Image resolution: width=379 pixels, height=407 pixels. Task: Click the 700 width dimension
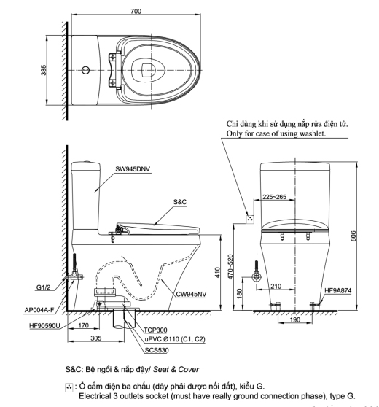[136, 11]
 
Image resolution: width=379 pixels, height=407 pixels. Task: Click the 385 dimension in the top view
[43, 70]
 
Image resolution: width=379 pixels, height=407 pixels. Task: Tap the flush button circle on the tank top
[85, 70]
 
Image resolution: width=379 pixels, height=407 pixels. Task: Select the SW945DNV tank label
[133, 169]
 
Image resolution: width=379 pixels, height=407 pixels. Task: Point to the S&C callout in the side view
[180, 202]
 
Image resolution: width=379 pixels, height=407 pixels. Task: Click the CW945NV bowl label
[191, 294]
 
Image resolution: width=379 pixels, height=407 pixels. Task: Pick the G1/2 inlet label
[43, 287]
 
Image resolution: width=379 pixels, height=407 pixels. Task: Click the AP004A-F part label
[39, 310]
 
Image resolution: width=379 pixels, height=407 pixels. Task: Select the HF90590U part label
[44, 325]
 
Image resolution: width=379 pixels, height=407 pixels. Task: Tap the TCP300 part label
[155, 330]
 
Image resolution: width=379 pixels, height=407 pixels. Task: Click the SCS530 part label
[157, 350]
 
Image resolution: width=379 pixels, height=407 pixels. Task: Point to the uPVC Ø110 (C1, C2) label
[175, 339]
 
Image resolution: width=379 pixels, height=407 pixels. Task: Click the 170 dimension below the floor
[83, 325]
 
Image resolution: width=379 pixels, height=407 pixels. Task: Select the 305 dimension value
[96, 338]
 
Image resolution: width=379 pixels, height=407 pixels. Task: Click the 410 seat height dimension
[217, 273]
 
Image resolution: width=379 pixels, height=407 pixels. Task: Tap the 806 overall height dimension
[353, 236]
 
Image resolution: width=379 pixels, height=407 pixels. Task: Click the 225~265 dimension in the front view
[274, 197]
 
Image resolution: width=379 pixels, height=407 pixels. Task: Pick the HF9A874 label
[338, 290]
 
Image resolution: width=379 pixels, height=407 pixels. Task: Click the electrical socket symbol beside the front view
[250, 219]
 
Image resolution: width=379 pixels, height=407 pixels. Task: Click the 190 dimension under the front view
[295, 319]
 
